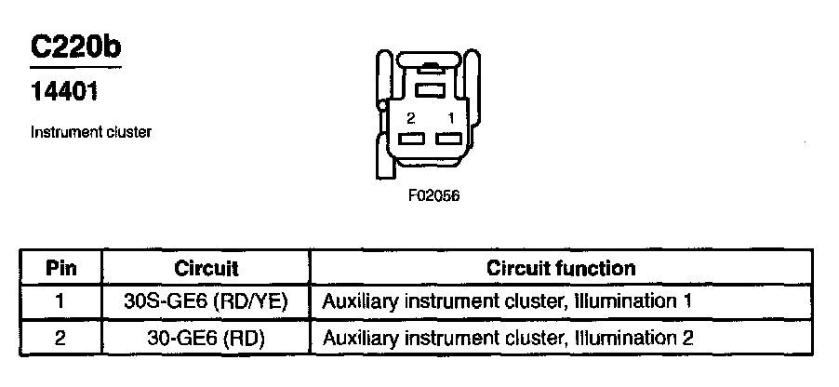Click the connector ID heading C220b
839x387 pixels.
[x=75, y=47]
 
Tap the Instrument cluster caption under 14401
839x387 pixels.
[x=91, y=132]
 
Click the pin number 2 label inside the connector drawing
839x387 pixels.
[x=410, y=118]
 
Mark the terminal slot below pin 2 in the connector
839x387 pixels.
[x=410, y=139]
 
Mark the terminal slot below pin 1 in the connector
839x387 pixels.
[x=448, y=139]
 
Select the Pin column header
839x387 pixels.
[x=60, y=269]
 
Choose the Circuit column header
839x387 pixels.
[x=206, y=269]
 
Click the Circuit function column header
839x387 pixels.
[x=561, y=269]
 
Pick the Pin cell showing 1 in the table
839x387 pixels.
[x=60, y=302]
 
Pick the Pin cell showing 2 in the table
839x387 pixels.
[x=60, y=337]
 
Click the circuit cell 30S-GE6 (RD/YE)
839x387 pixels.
[x=206, y=302]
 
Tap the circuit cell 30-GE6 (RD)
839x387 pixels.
[x=206, y=337]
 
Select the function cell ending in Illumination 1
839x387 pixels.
[x=507, y=302]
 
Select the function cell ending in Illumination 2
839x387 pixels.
[x=507, y=337]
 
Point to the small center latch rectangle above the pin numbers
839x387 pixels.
[x=429, y=90]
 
